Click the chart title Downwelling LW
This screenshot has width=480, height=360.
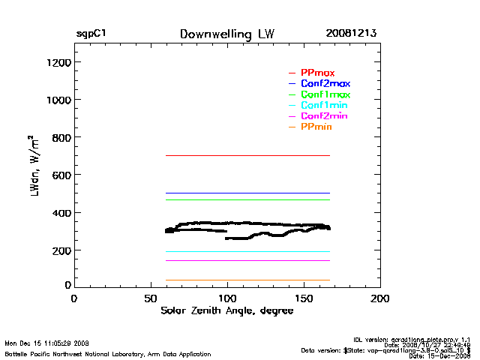coord(227,34)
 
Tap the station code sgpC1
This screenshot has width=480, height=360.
coord(91,34)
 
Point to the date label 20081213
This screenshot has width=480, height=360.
coord(351,34)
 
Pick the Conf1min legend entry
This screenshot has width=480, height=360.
coord(324,106)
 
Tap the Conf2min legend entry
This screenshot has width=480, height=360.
coord(324,117)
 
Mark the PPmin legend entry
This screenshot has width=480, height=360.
coord(316,127)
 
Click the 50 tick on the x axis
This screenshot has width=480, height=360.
coord(150,298)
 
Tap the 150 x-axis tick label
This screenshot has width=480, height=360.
coord(304,298)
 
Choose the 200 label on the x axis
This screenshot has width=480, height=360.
coord(380,298)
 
